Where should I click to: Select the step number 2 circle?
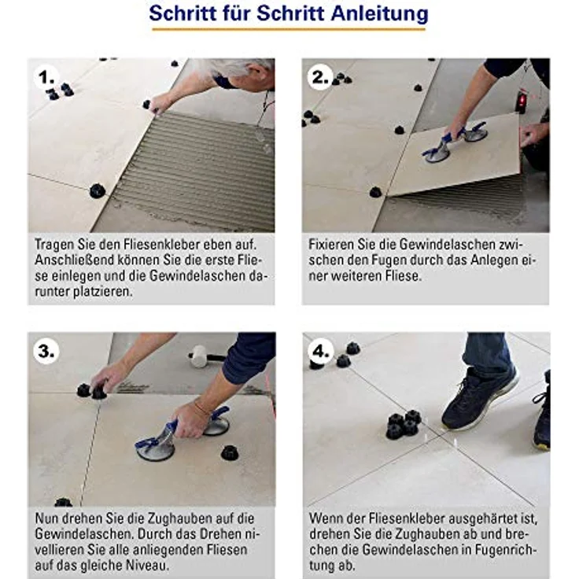point(320,77)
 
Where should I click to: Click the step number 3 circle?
point(47,352)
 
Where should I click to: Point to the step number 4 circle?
point(322,352)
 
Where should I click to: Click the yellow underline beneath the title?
point(289,30)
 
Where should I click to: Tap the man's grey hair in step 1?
point(236,66)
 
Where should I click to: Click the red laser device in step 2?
point(521,101)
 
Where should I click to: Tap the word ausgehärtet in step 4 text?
point(495,518)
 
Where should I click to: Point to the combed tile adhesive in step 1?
point(197,169)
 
